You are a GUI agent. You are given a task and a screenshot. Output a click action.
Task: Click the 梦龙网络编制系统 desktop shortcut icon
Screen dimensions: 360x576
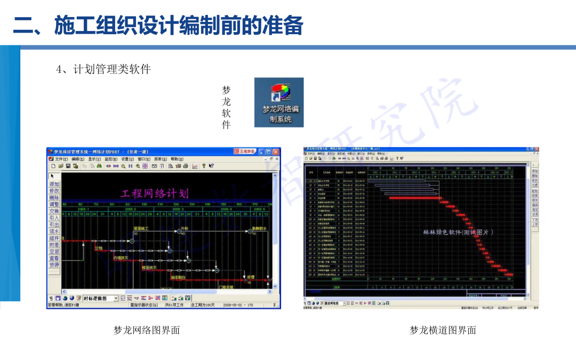coord(279,102)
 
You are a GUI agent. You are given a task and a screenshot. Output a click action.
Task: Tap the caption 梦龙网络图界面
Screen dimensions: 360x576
coord(147,330)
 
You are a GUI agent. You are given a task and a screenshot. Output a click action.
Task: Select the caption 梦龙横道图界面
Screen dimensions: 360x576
coord(443,330)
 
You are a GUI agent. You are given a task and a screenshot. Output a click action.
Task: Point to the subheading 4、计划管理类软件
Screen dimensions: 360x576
coord(103,69)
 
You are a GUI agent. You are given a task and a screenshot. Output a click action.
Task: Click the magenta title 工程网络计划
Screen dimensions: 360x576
coord(155,193)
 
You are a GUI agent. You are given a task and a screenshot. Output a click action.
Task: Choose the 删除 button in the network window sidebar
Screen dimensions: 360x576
coord(54,197)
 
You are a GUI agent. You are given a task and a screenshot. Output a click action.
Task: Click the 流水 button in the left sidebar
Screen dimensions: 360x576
coord(54,231)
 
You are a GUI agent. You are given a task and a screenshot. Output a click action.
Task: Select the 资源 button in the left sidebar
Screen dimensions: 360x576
coord(54,265)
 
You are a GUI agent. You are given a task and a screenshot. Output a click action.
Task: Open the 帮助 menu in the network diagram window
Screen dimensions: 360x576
coord(177,159)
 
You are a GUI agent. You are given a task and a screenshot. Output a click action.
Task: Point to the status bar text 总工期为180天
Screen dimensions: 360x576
coord(203,306)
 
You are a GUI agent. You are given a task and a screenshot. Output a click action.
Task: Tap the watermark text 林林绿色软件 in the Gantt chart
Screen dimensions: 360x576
coord(458,232)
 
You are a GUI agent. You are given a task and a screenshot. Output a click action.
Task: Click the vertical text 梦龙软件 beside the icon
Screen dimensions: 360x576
coord(226,107)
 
